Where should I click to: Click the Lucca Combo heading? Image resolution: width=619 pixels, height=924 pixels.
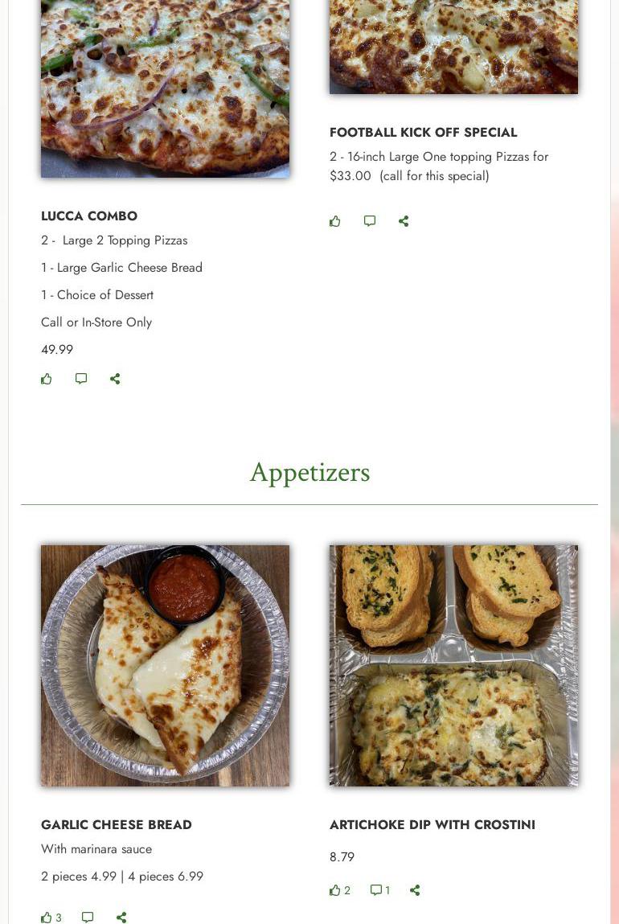pos(89,216)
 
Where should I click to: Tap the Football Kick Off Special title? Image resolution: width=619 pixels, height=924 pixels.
pos(423,133)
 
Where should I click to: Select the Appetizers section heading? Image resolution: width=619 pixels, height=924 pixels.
pos(309,473)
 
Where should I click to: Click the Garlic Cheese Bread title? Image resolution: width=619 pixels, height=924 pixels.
pos(116,825)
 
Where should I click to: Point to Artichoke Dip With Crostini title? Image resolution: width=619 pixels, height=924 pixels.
pos(432,825)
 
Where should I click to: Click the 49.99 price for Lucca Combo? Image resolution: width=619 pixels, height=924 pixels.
pos(57,350)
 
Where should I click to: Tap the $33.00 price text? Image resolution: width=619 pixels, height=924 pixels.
pos(350,175)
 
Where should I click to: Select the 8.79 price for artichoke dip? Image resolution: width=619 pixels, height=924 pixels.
pos(342,856)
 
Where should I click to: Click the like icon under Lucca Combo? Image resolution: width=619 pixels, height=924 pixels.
pos(47,379)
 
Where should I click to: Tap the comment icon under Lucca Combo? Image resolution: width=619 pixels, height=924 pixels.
pos(81,379)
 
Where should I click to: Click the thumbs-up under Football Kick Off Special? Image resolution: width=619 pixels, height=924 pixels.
pos(335,221)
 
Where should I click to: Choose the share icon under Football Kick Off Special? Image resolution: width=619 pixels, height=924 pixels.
pos(404,221)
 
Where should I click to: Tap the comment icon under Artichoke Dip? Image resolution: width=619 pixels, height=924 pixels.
pos(375,889)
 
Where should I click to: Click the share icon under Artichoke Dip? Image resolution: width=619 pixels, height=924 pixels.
pos(415,889)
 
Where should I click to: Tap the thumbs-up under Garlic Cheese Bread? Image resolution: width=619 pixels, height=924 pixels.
pos(47,918)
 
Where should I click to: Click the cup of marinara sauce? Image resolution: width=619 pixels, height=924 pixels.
pos(184,585)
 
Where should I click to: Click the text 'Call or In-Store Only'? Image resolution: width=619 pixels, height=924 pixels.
pos(96,322)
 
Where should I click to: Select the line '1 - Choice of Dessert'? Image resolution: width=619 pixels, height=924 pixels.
pos(97,295)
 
